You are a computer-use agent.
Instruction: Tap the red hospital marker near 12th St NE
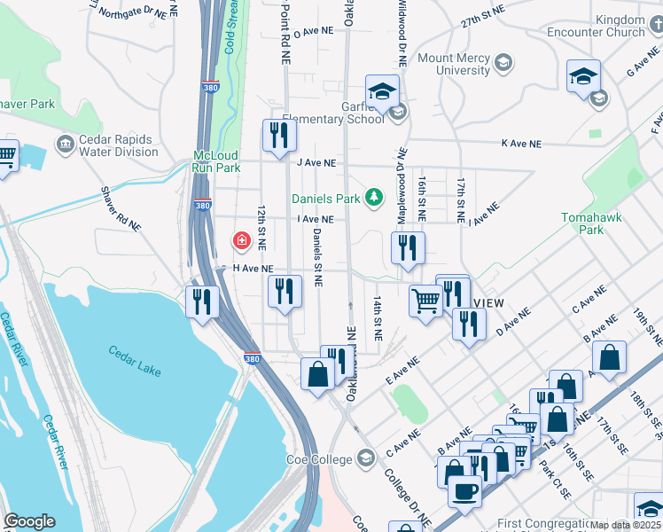pos(240,240)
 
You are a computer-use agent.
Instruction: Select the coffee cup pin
pos(464,491)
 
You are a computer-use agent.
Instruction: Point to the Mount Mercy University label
pos(454,64)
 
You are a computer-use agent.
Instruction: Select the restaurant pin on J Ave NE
pos(278,137)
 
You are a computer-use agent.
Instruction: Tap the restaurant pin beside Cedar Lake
pos(202,302)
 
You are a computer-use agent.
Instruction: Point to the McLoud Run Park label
pos(217,160)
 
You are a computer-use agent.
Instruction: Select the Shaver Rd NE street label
pos(121,209)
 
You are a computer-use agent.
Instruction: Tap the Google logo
pos(29,521)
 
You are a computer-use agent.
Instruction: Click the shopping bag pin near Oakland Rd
pos(317,373)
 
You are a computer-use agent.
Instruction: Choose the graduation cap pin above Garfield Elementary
pos(382,91)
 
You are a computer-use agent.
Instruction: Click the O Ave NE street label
pos(313,32)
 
